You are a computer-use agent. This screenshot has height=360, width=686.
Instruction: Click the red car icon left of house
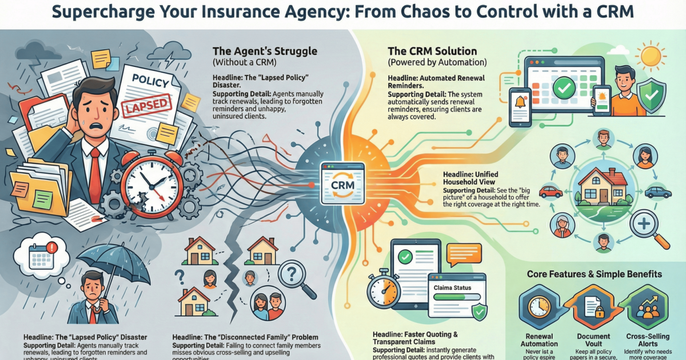tap(551, 191)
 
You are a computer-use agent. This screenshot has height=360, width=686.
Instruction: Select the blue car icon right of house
tap(657, 193)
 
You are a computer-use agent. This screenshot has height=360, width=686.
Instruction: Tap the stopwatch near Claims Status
tap(384, 291)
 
